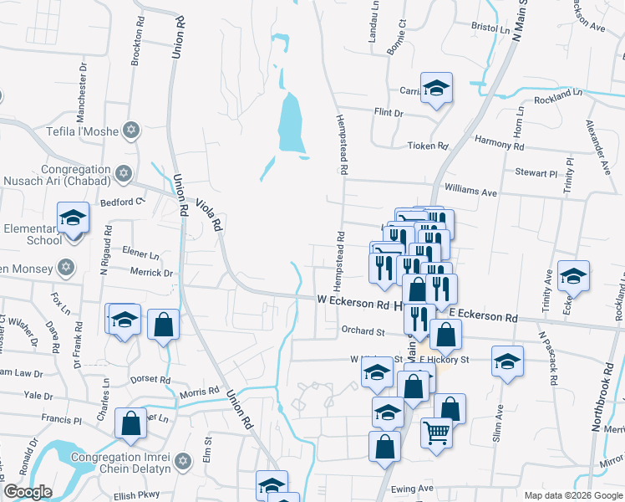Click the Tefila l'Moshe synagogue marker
(x=130, y=130)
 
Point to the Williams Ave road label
(x=470, y=192)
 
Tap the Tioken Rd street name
(x=428, y=146)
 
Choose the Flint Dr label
(x=389, y=113)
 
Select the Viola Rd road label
(x=209, y=214)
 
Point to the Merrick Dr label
(x=151, y=272)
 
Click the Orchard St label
(x=362, y=330)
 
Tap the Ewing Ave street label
(x=414, y=488)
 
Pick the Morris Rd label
(x=199, y=392)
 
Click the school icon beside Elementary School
(x=74, y=218)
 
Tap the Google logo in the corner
(x=28, y=492)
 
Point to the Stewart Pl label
(x=536, y=174)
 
